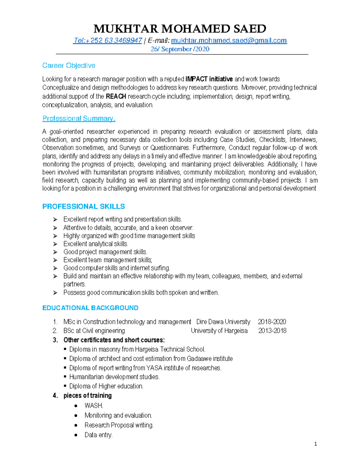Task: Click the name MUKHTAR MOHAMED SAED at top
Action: point(180,29)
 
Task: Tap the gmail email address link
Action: point(229,41)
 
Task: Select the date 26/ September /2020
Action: point(180,49)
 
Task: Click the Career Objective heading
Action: point(69,65)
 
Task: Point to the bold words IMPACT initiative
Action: point(209,79)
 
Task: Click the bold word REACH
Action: point(116,97)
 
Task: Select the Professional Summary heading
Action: point(79,119)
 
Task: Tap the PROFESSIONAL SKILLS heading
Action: point(83,206)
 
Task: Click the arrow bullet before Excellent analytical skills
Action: point(55,244)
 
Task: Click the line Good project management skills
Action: point(105,252)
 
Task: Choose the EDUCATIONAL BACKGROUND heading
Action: point(90,308)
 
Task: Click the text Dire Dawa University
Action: point(223,322)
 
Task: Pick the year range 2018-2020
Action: point(272,322)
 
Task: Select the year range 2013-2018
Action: point(272,331)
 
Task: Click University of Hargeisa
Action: point(219,331)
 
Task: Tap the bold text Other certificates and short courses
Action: point(114,340)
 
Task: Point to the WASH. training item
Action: point(94,406)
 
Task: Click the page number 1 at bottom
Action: point(315,444)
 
